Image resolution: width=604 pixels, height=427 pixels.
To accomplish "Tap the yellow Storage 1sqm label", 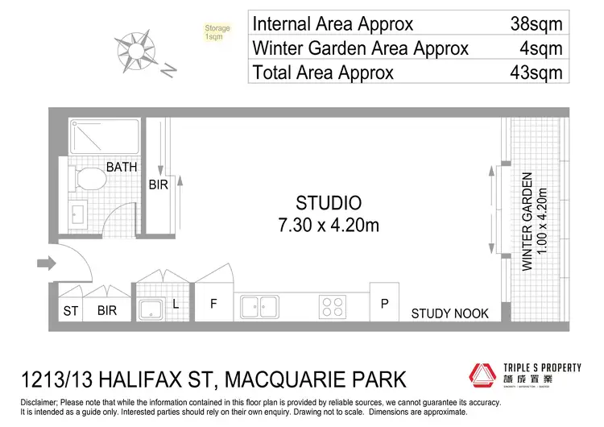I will (217, 33).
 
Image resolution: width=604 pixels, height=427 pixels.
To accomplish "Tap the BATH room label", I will (122, 168).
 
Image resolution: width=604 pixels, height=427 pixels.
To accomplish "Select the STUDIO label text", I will (328, 203).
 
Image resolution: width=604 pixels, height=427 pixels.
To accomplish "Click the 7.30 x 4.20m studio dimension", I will (328, 225).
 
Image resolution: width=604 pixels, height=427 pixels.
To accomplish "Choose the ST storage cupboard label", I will (71, 310).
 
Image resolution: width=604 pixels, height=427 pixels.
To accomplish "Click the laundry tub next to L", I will (151, 308).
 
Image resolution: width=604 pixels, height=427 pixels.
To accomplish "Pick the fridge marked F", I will (214, 305).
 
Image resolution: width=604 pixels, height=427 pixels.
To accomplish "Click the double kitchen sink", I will (259, 305).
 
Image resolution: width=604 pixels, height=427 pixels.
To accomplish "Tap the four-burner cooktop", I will (333, 306).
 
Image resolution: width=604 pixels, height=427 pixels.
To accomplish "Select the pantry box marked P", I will (385, 305).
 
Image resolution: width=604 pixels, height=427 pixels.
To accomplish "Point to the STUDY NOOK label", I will (449, 313).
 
